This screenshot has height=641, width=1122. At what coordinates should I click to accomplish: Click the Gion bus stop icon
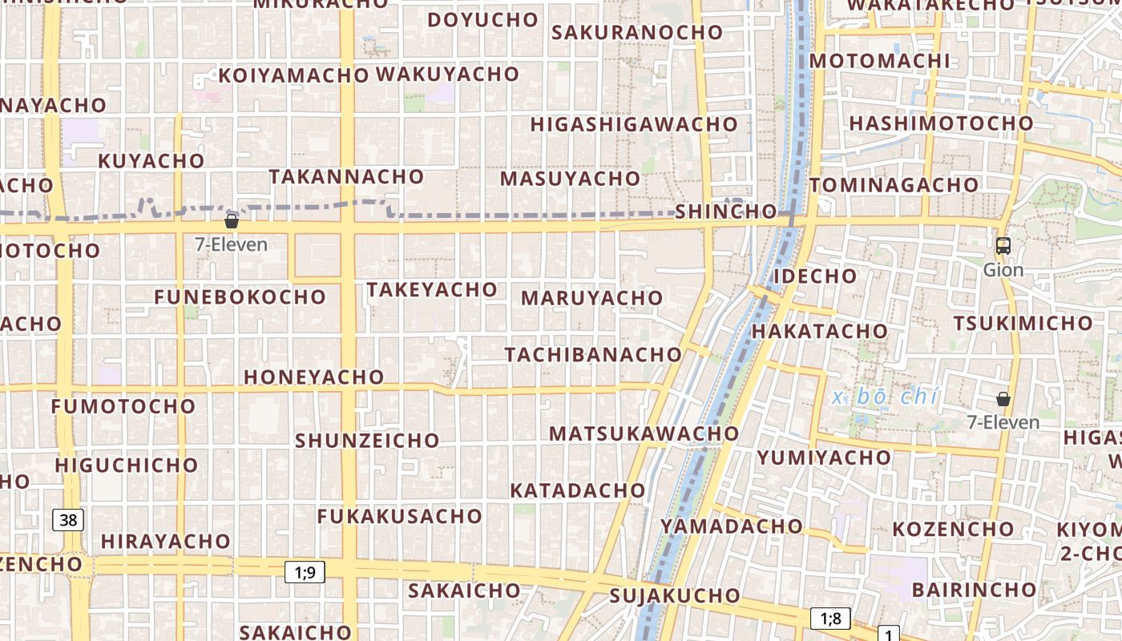coord(1003,246)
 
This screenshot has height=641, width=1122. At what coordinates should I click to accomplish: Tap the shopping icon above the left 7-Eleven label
coord(232,221)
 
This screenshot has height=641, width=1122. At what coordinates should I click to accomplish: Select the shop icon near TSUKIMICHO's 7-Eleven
coord(1003,398)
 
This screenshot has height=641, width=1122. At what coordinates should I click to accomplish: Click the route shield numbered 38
coord(68,520)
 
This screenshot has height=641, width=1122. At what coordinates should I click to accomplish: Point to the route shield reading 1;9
coord(305,572)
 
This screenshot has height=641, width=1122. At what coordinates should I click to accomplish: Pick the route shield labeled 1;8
coord(830,618)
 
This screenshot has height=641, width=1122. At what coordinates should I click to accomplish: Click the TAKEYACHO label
coord(432,289)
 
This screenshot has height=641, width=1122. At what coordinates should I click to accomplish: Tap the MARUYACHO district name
coord(591,298)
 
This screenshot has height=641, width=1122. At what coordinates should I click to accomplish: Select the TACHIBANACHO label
coord(593,354)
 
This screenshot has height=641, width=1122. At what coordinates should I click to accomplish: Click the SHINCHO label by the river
coord(725,212)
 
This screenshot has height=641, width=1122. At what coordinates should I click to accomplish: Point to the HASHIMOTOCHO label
coord(941,123)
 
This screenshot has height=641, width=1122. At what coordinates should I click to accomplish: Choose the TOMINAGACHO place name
coord(894,185)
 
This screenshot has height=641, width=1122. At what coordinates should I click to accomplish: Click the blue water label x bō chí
coord(885,397)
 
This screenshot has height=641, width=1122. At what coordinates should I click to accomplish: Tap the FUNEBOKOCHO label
coord(240,297)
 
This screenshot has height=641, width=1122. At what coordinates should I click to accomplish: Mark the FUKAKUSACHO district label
coord(399,516)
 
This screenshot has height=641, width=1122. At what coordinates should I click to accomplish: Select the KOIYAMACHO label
coord(293,75)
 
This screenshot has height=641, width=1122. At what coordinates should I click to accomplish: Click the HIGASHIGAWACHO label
coord(633,124)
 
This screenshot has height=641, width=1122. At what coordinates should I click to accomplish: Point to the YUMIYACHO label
coord(824,458)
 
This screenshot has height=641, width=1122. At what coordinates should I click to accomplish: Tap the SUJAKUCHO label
coord(675,595)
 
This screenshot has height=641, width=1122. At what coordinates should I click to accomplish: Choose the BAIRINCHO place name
coord(974,590)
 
